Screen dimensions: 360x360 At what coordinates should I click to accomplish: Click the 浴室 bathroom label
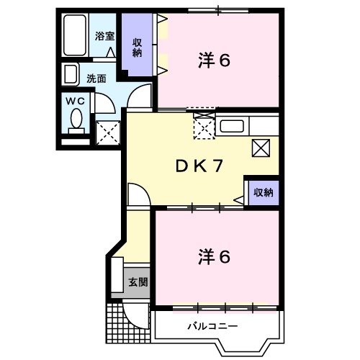105,35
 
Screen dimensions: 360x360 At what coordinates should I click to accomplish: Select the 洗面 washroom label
96,78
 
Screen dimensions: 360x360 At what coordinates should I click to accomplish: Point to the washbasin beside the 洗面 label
71,74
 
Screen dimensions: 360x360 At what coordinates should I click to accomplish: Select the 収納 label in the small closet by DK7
262,192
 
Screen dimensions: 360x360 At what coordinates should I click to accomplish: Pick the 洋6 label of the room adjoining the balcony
214,256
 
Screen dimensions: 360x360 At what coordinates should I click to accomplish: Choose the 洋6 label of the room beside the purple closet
214,61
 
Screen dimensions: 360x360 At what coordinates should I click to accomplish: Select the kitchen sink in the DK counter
233,127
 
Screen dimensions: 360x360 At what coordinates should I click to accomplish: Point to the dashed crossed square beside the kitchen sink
204,127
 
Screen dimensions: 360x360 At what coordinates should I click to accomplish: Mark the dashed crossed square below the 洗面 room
108,132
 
